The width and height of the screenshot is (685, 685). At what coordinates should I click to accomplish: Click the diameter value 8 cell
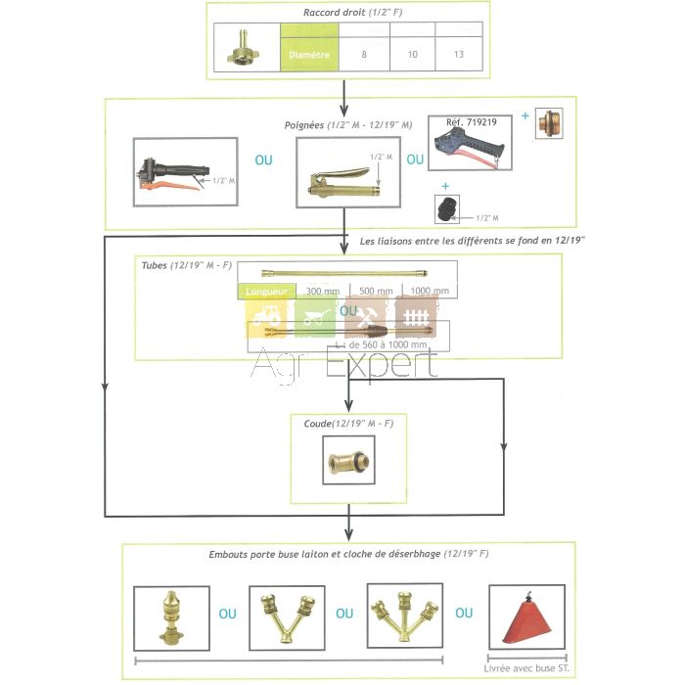364,54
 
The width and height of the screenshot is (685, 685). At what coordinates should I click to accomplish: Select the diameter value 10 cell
412,54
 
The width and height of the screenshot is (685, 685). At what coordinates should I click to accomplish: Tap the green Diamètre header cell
310,55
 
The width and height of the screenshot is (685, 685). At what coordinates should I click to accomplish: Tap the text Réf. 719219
473,123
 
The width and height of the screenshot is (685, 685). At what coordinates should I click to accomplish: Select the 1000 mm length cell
432,291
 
